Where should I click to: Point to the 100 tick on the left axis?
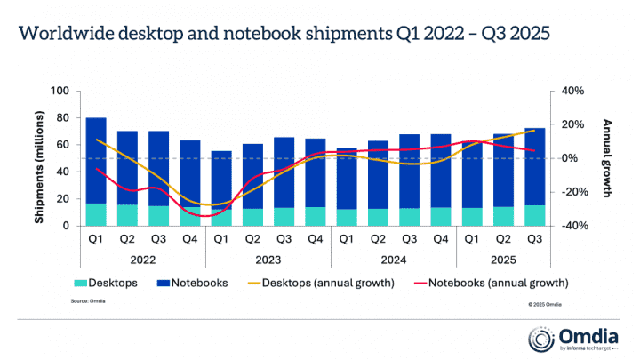[60, 91]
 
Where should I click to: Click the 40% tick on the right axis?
[572, 91]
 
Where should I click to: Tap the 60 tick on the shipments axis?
[63, 145]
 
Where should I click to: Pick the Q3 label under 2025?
[535, 238]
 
